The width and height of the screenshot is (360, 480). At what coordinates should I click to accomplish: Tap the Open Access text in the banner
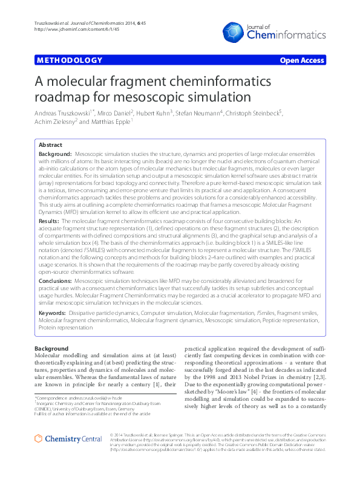click(x=302, y=60)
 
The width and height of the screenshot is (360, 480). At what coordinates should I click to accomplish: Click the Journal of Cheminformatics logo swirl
click(x=235, y=31)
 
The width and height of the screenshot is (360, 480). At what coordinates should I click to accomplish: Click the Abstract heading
click(x=50, y=146)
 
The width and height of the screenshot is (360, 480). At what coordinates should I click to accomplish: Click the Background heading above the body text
click(x=51, y=349)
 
